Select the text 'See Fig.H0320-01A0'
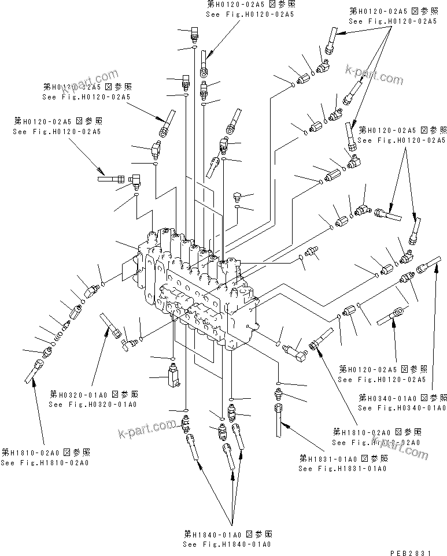point(93,404)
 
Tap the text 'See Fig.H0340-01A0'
point(402,408)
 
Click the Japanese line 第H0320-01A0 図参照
point(93,394)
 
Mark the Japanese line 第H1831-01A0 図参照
point(343,458)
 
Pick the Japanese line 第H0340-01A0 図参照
point(402,398)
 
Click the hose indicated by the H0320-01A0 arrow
point(109,324)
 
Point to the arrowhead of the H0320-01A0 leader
point(106,330)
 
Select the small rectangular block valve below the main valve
point(172,375)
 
